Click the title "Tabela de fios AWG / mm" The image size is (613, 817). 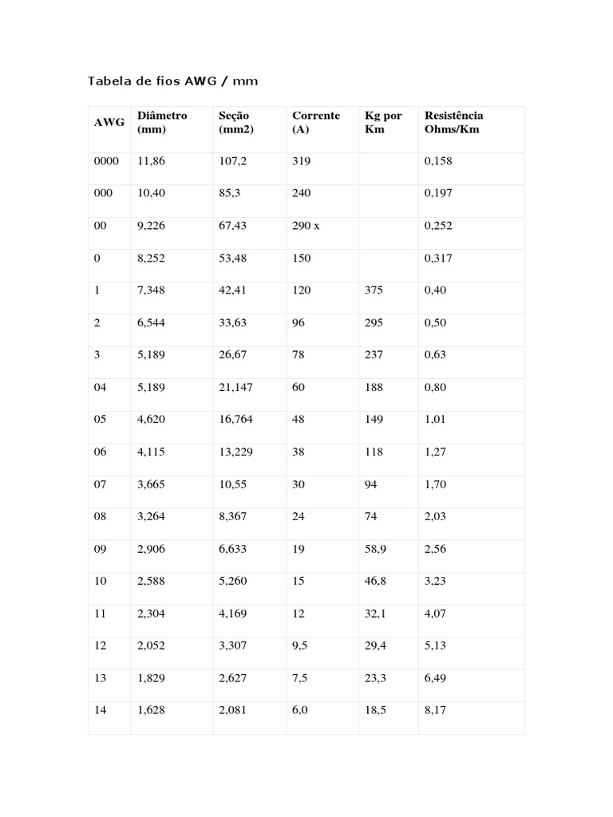point(172,81)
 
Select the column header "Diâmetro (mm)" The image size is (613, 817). point(162,122)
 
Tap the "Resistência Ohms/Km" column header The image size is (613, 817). point(453,122)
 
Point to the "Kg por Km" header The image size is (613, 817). point(383,122)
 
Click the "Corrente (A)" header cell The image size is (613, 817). point(315,122)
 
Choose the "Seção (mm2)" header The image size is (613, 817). point(235,122)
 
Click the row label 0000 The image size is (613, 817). point(106,161)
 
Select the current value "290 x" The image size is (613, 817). point(306,226)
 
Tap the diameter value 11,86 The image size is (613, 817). point(152,161)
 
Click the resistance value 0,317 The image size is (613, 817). point(438,259)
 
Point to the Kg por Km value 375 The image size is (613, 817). point(374,290)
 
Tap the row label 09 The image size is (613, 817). point(100,549)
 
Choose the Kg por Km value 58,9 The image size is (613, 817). point(376,549)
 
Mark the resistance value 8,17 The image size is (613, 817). point(435,711)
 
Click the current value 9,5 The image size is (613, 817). point(300,646)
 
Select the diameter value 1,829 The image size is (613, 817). point(152,678)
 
